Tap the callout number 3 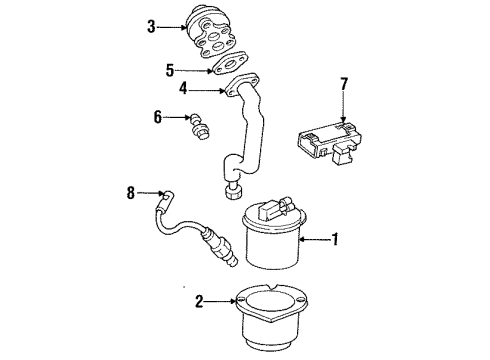coord(151,28)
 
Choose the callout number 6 coord(158,116)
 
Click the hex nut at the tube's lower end coord(236,191)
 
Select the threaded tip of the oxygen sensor coord(233,262)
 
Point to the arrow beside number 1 coord(312,239)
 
